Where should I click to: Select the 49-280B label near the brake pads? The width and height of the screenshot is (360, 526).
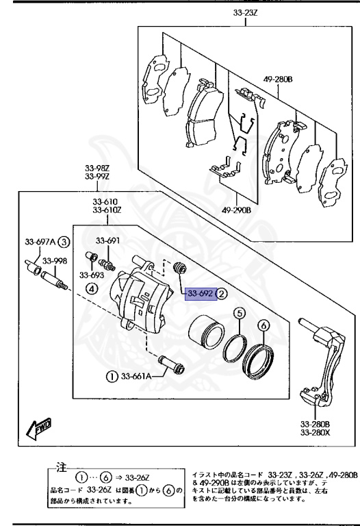click(278, 79)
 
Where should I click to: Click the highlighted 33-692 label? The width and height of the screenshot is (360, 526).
click(201, 294)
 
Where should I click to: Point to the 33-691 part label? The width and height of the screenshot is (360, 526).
click(107, 240)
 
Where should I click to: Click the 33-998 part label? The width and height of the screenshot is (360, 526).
click(55, 260)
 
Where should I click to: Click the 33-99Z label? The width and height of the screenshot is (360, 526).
click(97, 177)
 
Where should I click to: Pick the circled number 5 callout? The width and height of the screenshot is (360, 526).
click(239, 314)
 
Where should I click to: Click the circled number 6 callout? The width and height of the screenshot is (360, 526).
click(264, 327)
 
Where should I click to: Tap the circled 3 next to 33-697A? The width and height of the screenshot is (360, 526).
click(64, 241)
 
